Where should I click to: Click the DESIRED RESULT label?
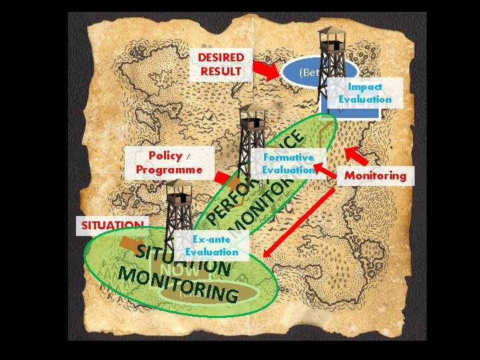[x=221, y=64]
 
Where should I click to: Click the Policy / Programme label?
[x=169, y=162]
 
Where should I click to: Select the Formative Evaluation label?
[x=289, y=163]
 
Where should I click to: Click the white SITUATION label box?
[x=112, y=225]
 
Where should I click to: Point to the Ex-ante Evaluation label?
[x=211, y=245]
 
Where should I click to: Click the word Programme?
[x=169, y=169]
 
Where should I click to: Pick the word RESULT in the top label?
[x=221, y=71]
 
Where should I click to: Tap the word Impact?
[x=365, y=87]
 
